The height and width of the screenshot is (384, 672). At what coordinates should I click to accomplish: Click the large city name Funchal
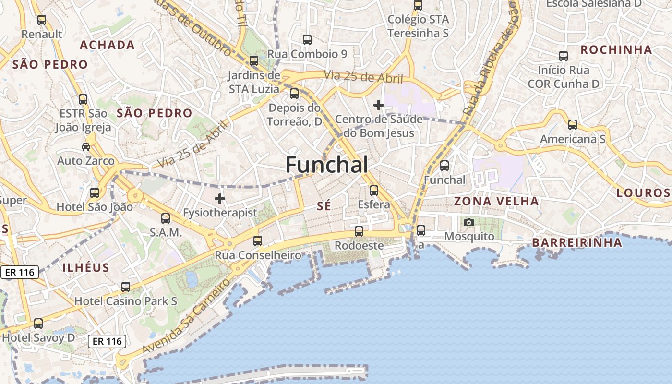[327, 165]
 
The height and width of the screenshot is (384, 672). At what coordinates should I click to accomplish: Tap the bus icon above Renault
[42, 20]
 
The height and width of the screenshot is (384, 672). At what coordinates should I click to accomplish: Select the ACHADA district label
[107, 45]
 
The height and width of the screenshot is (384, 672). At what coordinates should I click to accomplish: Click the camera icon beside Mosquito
[469, 222]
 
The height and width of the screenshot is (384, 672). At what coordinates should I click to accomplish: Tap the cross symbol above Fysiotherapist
[220, 198]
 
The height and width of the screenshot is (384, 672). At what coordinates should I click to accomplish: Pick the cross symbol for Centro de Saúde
[379, 105]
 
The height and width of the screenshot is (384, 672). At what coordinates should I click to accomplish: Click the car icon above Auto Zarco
[86, 146]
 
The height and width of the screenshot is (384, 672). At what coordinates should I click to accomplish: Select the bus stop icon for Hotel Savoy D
[38, 324]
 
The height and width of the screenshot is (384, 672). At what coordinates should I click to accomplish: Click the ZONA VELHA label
[496, 201]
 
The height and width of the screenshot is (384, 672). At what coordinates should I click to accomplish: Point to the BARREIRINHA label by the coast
[577, 243]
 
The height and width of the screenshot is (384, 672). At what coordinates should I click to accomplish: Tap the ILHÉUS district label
[86, 268]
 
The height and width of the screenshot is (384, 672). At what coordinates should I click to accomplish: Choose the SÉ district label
[324, 206]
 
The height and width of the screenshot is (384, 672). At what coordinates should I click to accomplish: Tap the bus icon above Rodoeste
[359, 231]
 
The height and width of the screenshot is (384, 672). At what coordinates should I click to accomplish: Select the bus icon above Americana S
[573, 125]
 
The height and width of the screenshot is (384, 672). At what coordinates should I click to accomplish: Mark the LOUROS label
[643, 193]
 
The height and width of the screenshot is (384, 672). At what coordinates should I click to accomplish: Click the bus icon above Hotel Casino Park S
[126, 287]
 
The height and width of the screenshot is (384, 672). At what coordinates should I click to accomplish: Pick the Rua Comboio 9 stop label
[307, 54]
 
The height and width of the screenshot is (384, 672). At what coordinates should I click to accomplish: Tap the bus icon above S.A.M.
[166, 218]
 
